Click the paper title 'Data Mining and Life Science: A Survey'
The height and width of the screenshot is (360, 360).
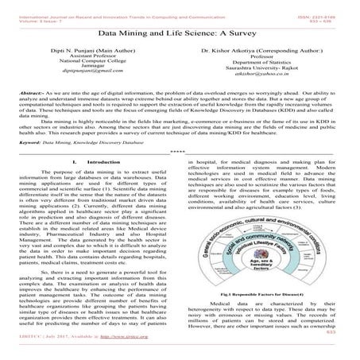pos(180,35)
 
